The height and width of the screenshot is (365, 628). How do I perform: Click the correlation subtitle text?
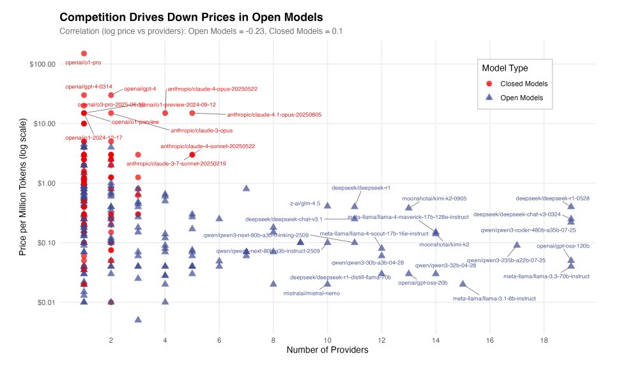click(201, 31)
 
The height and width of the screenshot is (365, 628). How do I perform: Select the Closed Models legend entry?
click(523, 84)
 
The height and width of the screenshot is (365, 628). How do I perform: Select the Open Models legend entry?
click(521, 98)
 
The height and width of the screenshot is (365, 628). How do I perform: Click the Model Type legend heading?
click(505, 68)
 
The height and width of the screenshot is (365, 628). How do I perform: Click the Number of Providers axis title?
click(327, 350)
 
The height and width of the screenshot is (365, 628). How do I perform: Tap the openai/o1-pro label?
click(84, 63)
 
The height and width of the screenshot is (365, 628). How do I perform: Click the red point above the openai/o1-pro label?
click(84, 54)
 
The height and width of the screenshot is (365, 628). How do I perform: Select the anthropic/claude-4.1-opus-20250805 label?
click(274, 115)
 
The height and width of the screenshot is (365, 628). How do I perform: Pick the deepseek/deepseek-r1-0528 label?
click(544, 198)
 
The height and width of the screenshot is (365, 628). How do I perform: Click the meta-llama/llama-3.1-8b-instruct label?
click(494, 298)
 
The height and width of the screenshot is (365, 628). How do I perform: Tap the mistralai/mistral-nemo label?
click(311, 294)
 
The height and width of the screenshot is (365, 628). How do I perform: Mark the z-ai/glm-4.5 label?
click(305, 204)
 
